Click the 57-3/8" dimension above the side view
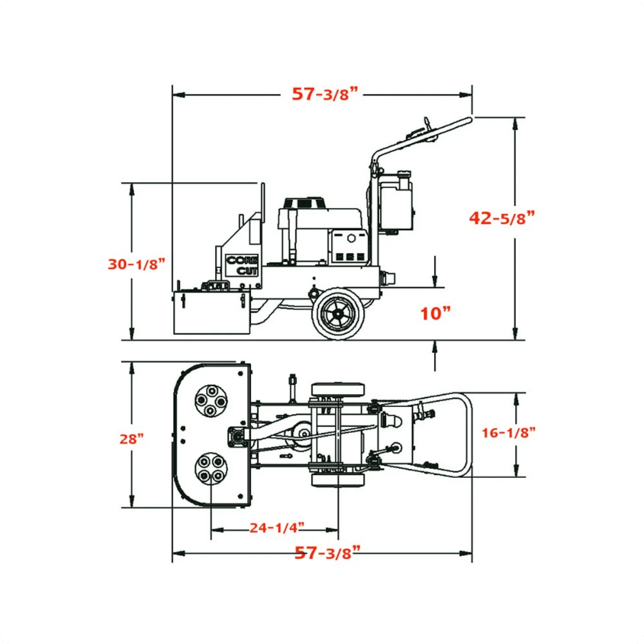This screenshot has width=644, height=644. click(325, 94)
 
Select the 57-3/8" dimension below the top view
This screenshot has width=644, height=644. click(327, 553)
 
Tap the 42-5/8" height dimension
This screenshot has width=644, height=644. click(501, 218)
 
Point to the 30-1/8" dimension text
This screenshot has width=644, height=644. click(136, 264)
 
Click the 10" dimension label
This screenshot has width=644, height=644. click(435, 313)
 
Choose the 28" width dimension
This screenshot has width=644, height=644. click(131, 439)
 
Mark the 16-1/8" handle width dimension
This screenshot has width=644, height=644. click(509, 432)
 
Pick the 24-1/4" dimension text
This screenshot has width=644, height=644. click(276, 528)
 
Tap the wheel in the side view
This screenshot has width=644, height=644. click(338, 313)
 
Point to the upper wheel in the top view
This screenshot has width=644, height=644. click(337, 389)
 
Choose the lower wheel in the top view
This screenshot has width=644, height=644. click(337, 480)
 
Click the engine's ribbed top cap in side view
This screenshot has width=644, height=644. click(304, 203)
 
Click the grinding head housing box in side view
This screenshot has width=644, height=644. click(211, 313)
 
